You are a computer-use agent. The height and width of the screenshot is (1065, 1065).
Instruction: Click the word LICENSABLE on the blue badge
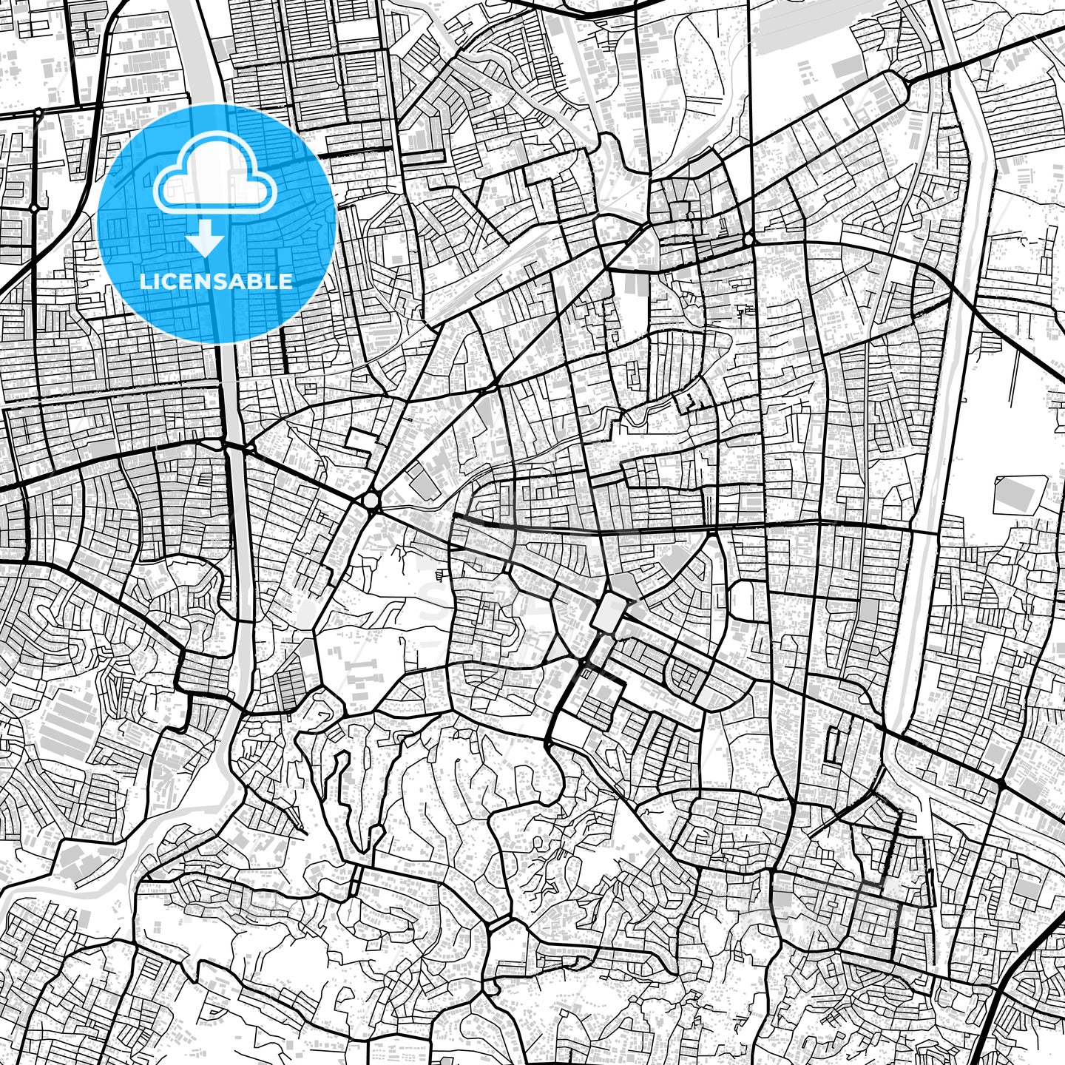tap(216, 282)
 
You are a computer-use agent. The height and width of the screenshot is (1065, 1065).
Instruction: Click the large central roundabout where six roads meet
tap(371, 501)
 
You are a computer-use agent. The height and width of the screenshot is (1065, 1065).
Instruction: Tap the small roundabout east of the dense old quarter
tap(749, 240)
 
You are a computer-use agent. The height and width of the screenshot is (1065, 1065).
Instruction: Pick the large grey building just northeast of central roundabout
tap(423, 484)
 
